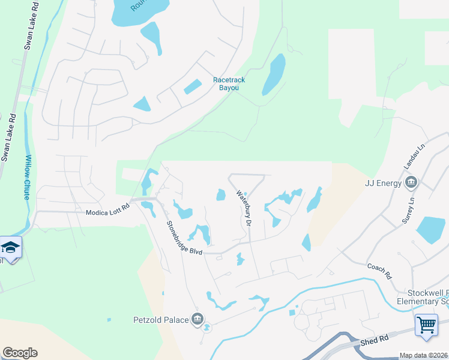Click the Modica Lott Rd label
pyautogui.click(x=108, y=212)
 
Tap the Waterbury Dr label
pyautogui.click(x=243, y=208)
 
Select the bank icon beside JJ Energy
pyautogui.click(x=411, y=182)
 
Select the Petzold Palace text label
pyautogui.click(x=161, y=320)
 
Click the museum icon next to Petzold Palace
pyautogui.click(x=197, y=319)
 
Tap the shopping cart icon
pyautogui.click(x=426, y=325)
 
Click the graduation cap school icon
pyautogui.click(x=10, y=247)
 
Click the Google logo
pyautogui.click(x=20, y=353)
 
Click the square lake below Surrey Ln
pyautogui.click(x=430, y=230)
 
